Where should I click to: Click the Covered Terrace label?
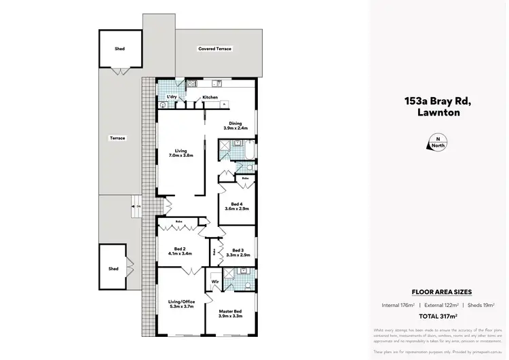[x=214, y=49]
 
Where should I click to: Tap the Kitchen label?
[x=210, y=98]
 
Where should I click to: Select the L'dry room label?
[x=172, y=98]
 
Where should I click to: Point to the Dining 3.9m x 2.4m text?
[x=235, y=126]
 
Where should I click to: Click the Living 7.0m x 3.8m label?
[x=181, y=153]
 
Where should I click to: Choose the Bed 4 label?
[x=237, y=206]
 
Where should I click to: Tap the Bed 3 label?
[x=237, y=252]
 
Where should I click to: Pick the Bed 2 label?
[x=181, y=252]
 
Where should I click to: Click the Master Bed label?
[x=231, y=312]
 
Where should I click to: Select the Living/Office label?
[x=181, y=304]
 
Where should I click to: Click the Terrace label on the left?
[x=118, y=138]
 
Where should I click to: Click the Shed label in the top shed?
[x=119, y=49]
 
